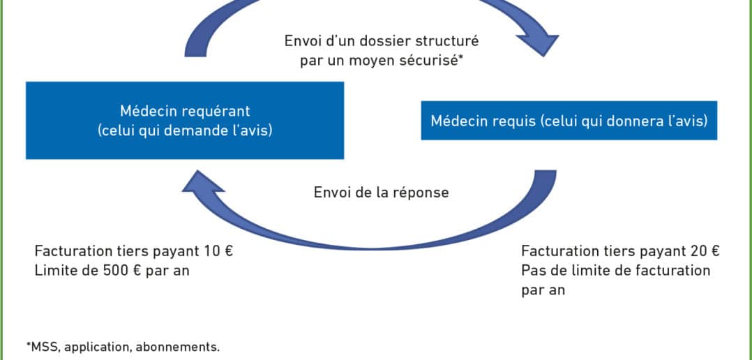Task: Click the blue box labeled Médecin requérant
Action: point(185,120)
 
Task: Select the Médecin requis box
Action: point(569,120)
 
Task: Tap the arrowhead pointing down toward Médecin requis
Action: point(536,40)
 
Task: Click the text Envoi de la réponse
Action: point(382,193)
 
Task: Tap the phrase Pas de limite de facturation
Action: point(616,271)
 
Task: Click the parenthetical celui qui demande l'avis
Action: point(185,130)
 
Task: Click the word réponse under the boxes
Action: point(421,193)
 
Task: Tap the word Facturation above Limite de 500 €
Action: point(69,251)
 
